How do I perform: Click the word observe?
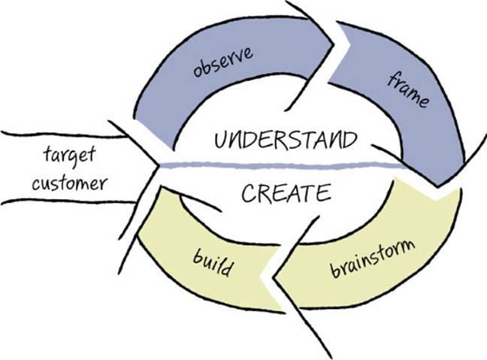223,62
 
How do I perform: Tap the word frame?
408,90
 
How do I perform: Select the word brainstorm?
373,259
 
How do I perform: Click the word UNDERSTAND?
286,140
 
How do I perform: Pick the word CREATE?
286,192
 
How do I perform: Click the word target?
69,156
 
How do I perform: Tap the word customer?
70,183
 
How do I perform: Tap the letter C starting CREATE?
248,193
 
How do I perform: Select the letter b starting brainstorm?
334,269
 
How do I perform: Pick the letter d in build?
227,268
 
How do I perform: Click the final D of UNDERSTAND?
350,140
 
